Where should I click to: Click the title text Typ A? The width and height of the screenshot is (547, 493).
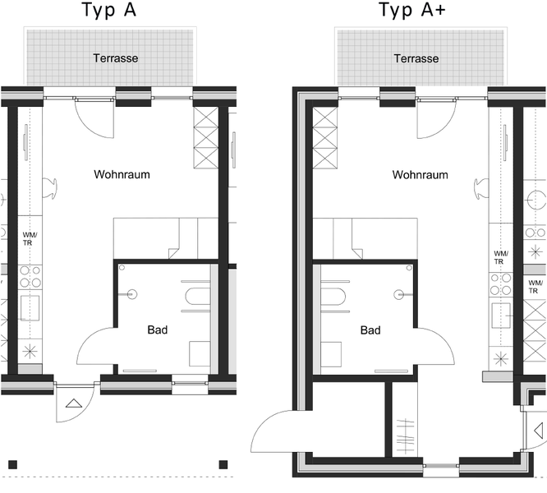[108, 10]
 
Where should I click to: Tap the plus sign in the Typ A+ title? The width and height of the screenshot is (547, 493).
[440, 9]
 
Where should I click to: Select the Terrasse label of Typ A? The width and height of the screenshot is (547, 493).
[116, 58]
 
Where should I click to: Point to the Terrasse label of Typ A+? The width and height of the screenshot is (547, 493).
[416, 58]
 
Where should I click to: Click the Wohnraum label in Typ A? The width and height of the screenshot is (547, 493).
[122, 174]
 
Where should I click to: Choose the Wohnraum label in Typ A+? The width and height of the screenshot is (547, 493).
[420, 174]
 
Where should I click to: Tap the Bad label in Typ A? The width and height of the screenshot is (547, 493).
[158, 329]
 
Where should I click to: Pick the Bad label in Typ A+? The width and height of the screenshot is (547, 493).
[370, 330]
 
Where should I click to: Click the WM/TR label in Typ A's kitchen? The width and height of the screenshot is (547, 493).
[30, 239]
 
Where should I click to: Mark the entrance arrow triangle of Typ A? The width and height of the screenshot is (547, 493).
[74, 403]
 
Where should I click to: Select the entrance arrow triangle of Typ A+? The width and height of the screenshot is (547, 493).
[539, 431]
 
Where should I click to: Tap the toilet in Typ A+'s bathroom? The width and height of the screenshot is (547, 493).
[333, 297]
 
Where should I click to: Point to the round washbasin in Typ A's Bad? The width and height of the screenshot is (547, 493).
[131, 294]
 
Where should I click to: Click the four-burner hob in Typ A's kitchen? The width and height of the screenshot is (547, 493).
[30, 276]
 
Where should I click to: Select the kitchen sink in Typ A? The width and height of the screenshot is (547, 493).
[30, 308]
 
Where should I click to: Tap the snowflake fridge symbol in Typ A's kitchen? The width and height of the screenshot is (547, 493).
[30, 352]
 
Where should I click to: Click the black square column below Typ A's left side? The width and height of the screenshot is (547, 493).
[12, 465]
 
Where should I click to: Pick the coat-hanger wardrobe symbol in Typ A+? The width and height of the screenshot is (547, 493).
[405, 437]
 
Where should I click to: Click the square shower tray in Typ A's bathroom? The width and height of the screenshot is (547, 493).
[200, 354]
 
